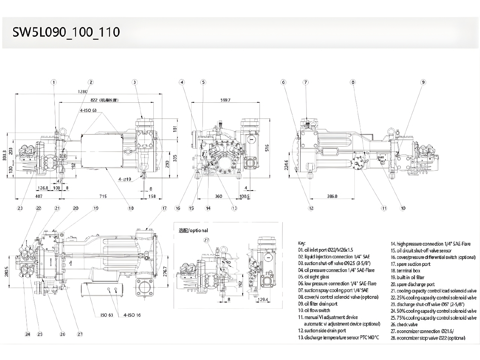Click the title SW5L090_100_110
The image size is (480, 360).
(x=66, y=32)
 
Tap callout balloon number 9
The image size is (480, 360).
(x=423, y=82)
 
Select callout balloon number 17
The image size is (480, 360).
(x=164, y=208)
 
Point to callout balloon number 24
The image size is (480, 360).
(x=27, y=334)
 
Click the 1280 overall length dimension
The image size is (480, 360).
(x=82, y=91)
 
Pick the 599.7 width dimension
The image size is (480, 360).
(x=226, y=100)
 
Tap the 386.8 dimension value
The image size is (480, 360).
(x=332, y=196)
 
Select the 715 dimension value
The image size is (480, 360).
(x=103, y=196)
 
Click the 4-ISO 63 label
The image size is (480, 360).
(x=88, y=111)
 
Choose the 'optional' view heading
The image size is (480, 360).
(x=193, y=230)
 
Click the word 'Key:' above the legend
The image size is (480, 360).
(x=302, y=243)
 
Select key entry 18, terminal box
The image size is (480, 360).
(x=405, y=270)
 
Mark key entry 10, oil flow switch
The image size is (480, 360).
(x=314, y=310)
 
